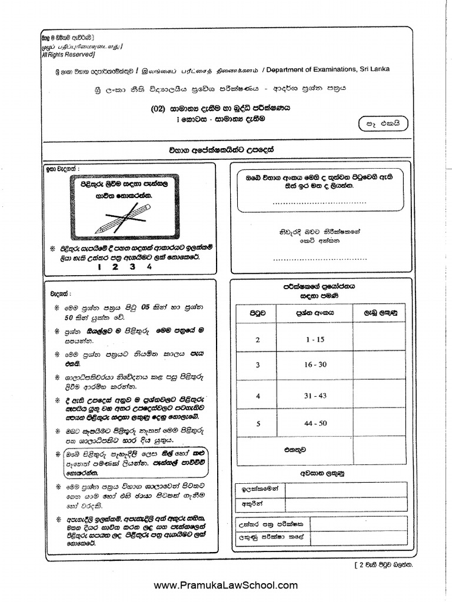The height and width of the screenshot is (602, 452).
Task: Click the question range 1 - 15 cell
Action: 311,340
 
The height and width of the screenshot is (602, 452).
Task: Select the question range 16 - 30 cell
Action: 312,365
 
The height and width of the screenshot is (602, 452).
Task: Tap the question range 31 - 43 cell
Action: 312,396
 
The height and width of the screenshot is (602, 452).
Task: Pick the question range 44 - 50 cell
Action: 312,422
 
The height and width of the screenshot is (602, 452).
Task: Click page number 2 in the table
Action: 257,340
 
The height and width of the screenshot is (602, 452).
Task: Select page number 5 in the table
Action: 257,422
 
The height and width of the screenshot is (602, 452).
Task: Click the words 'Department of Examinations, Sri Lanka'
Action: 327,69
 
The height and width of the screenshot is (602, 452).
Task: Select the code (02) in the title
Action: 158,108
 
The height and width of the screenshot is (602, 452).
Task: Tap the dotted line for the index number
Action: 320,202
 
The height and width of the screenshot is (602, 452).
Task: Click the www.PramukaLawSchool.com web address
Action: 226,585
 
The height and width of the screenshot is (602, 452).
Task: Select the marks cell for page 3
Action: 379,365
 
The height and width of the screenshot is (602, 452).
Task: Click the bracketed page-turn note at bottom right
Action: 383,564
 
